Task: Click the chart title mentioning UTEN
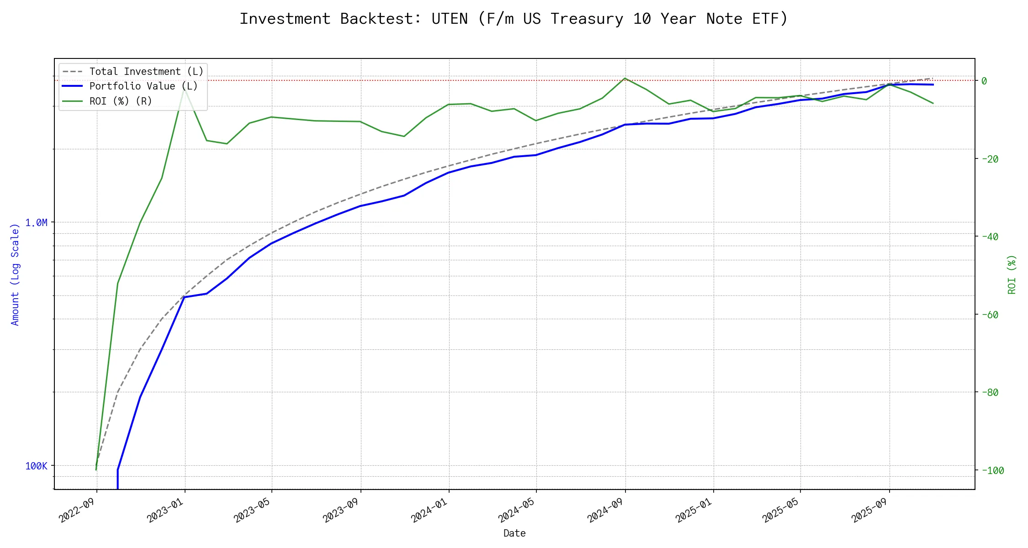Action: click(x=514, y=19)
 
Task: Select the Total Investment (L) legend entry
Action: click(x=146, y=72)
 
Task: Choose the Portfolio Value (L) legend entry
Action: click(x=143, y=86)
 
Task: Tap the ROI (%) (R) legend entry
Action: click(x=121, y=101)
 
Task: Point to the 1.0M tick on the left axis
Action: click(x=36, y=223)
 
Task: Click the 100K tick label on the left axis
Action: click(x=36, y=466)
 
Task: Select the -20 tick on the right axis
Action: click(x=989, y=159)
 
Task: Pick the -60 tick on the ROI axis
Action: click(x=989, y=315)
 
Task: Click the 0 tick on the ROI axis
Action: click(x=984, y=81)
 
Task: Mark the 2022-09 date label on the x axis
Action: click(x=77, y=510)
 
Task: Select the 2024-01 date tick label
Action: click(x=429, y=510)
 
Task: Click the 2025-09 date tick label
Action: click(x=869, y=510)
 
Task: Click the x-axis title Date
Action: click(x=514, y=533)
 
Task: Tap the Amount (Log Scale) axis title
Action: click(x=15, y=274)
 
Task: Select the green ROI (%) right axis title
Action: click(x=1012, y=274)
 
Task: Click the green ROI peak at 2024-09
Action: click(x=625, y=78)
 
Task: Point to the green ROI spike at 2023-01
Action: click(x=184, y=89)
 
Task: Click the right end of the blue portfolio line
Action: click(x=933, y=85)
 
